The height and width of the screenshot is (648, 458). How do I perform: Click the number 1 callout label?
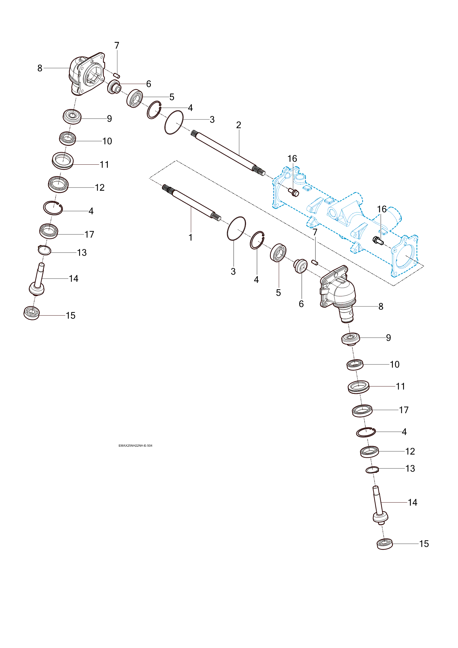191,237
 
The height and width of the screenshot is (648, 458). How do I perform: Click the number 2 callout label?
238,125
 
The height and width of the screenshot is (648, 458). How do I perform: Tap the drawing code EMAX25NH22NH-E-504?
135,445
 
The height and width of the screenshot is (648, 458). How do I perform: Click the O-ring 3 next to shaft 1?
236,229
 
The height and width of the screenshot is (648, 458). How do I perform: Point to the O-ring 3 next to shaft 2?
174,122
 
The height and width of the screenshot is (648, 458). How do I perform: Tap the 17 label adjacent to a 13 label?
89,234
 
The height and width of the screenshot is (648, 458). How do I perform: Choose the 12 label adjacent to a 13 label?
410,451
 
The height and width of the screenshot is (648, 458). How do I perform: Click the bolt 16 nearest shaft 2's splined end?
293,192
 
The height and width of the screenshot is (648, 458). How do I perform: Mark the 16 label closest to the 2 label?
292,159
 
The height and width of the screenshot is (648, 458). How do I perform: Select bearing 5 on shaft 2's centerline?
135,98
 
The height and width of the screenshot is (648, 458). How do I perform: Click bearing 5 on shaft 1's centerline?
278,252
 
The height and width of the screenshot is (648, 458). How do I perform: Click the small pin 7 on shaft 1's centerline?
315,262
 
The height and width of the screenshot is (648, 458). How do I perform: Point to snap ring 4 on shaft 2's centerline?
154,110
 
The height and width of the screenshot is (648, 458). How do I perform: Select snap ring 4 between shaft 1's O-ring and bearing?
257,240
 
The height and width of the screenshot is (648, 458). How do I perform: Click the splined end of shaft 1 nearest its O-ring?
216,216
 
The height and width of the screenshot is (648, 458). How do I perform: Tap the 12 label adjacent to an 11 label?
100,187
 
